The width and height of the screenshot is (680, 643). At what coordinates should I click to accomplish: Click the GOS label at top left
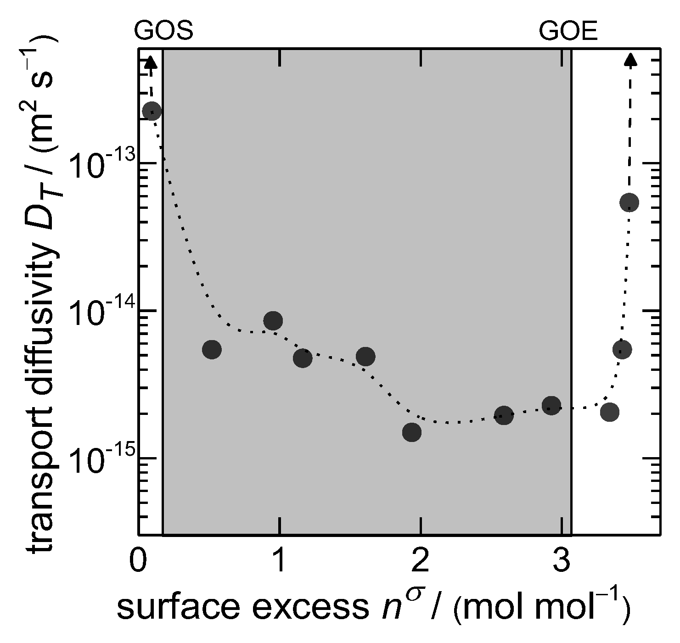[x=163, y=32]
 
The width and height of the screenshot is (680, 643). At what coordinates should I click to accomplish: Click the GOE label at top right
[x=568, y=32]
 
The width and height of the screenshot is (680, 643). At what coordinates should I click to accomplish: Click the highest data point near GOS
[x=152, y=111]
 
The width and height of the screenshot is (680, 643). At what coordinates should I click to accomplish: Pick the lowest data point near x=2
[x=412, y=432]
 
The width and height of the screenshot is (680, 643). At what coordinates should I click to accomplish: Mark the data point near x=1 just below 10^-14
[x=273, y=320]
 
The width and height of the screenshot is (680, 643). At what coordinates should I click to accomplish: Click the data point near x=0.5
[x=212, y=350]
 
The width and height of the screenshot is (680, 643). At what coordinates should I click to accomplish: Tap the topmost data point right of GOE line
[x=629, y=202]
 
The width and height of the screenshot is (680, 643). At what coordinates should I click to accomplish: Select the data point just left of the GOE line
[x=551, y=405]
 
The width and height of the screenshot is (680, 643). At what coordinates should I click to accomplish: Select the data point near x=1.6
[x=365, y=356]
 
